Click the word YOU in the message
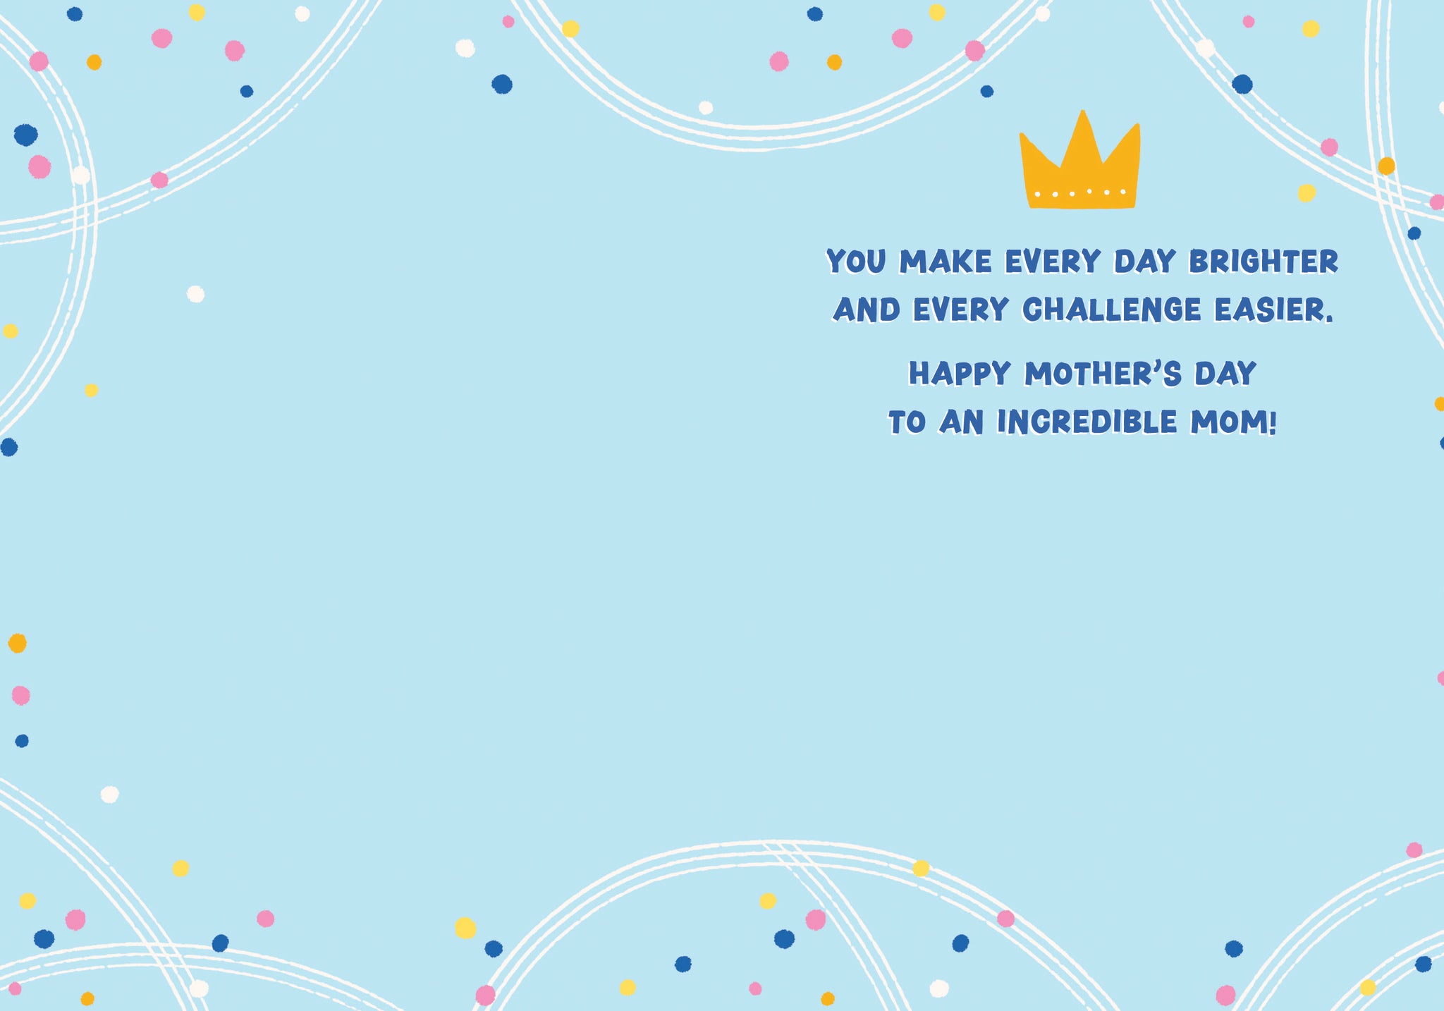[x=857, y=262]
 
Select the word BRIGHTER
[x=1263, y=262]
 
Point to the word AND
[x=867, y=310]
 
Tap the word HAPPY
[x=960, y=374]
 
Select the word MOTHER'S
[x=1103, y=374]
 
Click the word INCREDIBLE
[x=1087, y=422]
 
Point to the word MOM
[x=1228, y=422]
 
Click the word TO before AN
[x=907, y=422]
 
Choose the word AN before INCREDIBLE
[x=961, y=422]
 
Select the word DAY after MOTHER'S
[x=1225, y=374]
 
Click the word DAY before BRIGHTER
[x=1145, y=262]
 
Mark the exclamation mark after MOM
[x=1273, y=422]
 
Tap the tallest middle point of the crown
[x=1083, y=111]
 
